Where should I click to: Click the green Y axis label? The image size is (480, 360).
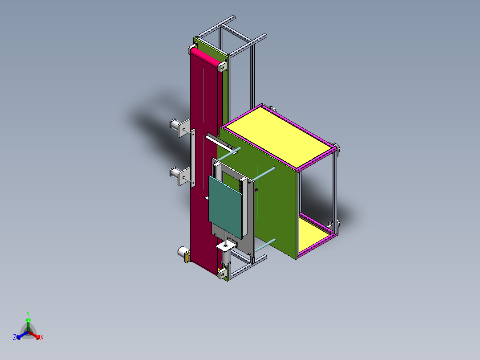(28, 313)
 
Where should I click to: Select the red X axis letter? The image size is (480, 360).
(42, 338)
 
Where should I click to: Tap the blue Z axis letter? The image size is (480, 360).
(15, 338)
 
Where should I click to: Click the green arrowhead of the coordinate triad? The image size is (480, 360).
(28, 320)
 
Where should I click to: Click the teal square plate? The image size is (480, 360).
(226, 205)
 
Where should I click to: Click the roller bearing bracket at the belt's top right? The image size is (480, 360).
(221, 67)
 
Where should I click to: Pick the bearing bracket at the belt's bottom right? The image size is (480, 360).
(221, 273)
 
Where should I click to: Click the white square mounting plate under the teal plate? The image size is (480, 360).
(226, 246)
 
